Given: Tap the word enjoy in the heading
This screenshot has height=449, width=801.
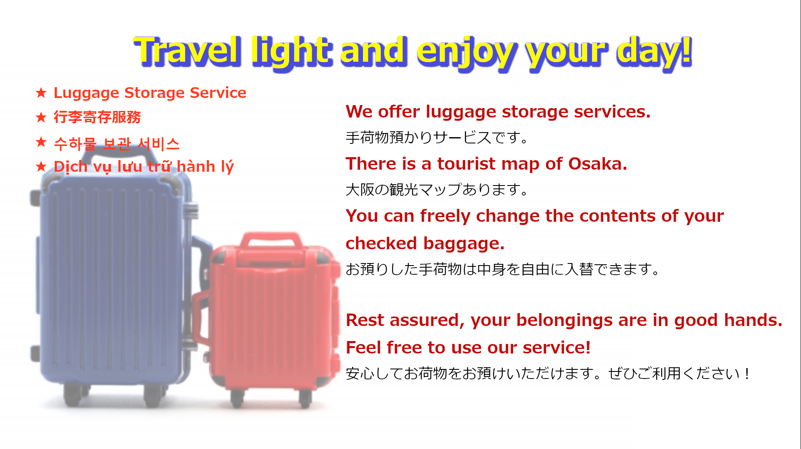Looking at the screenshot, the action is (466, 53).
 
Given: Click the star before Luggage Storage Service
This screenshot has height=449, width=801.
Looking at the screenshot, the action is (41, 93).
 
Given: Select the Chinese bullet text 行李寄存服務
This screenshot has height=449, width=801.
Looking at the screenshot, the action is (97, 117).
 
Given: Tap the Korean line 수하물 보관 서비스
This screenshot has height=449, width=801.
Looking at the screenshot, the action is (117, 144).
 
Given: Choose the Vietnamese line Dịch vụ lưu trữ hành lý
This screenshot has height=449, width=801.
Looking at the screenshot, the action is (144, 167).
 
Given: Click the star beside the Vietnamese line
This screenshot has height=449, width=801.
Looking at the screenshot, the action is (41, 167).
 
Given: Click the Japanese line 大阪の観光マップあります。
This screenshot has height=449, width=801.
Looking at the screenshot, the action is (437, 190).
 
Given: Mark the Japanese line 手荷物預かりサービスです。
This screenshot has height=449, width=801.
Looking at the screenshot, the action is (437, 138).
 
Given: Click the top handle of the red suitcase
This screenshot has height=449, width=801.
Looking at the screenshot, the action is (272, 241).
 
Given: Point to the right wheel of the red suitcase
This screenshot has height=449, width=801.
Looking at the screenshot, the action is (305, 399).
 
